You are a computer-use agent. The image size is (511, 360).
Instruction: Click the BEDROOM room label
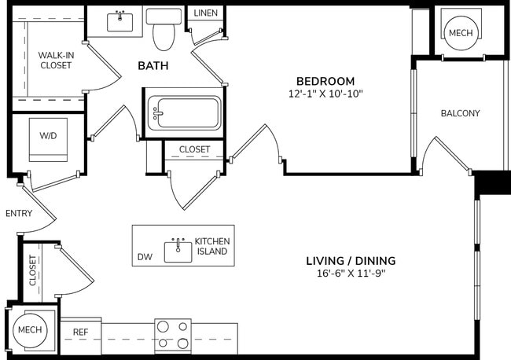pyautogui.click(x=325, y=81)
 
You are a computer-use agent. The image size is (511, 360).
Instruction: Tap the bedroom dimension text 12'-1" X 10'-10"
pyautogui.click(x=325, y=94)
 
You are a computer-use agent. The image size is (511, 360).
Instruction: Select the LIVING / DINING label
pyautogui.click(x=350, y=261)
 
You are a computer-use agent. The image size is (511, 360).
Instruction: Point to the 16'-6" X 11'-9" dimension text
pyautogui.click(x=350, y=274)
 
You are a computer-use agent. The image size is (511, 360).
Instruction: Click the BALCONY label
pyautogui.click(x=460, y=113)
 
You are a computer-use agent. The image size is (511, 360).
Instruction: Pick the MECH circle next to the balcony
pyautogui.click(x=459, y=32)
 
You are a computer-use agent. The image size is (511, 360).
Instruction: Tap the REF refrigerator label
pyautogui.click(x=81, y=332)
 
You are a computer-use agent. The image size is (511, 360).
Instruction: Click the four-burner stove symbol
pyautogui.click(x=173, y=334)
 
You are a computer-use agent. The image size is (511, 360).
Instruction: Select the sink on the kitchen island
pyautogui.click(x=178, y=251)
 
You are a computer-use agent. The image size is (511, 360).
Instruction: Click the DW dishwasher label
pyautogui.click(x=145, y=256)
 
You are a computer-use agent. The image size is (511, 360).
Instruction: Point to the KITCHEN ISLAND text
pyautogui.click(x=211, y=246)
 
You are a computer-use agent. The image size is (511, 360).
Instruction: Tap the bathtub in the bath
pyautogui.click(x=182, y=113)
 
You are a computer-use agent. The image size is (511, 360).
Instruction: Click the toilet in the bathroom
pyautogui.click(x=165, y=30)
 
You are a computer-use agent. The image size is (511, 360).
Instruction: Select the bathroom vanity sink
pyautogui.click(x=120, y=21)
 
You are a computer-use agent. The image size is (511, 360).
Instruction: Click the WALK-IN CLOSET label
pyautogui.click(x=55, y=60)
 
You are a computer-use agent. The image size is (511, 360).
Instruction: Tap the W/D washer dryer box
pyautogui.click(x=48, y=135)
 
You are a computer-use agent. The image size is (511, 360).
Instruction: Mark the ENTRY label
pyautogui.click(x=18, y=213)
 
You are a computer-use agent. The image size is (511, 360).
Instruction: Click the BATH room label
pyautogui.click(x=153, y=66)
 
